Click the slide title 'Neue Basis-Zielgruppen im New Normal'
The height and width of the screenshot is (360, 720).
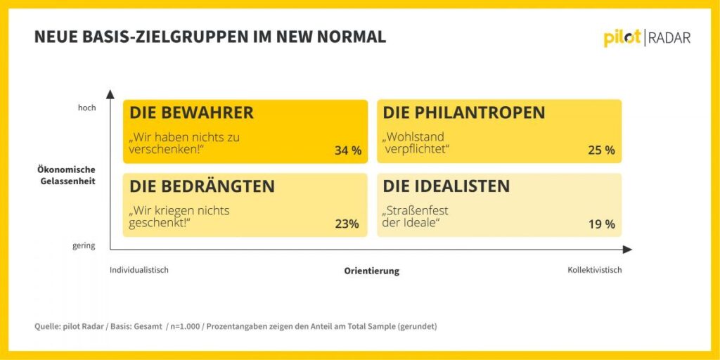pyautogui.click(x=210, y=37)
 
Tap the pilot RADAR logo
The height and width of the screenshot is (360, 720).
pyautogui.click(x=646, y=38)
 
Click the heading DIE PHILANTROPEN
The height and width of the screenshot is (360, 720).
pyautogui.click(x=463, y=113)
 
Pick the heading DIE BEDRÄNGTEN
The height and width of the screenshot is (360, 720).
pyautogui.click(x=202, y=186)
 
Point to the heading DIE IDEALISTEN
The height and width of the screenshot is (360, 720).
pyautogui.click(x=446, y=186)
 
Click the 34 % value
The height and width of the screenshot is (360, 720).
pyautogui.click(x=347, y=150)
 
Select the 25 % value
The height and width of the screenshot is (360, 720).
pyautogui.click(x=601, y=150)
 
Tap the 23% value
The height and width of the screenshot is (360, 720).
pyautogui.click(x=347, y=224)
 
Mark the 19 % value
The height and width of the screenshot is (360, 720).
pyautogui.click(x=601, y=224)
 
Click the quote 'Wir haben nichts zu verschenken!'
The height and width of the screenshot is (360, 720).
pyautogui.click(x=184, y=143)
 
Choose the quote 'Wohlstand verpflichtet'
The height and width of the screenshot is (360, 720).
pyautogui.click(x=416, y=143)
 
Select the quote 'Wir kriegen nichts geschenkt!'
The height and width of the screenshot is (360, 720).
pyautogui.click(x=179, y=217)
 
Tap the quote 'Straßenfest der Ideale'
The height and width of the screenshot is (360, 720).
pyautogui.click(x=416, y=217)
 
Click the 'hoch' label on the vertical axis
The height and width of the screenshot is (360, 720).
pyautogui.click(x=86, y=108)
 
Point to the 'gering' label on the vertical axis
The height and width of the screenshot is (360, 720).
pyautogui.click(x=84, y=246)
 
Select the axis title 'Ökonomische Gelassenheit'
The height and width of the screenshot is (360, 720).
pyautogui.click(x=67, y=175)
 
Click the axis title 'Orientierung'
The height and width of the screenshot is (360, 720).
pyautogui.click(x=371, y=271)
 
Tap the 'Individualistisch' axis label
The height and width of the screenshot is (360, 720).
pyautogui.click(x=139, y=270)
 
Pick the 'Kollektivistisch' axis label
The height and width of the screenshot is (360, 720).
pyautogui.click(x=595, y=270)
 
